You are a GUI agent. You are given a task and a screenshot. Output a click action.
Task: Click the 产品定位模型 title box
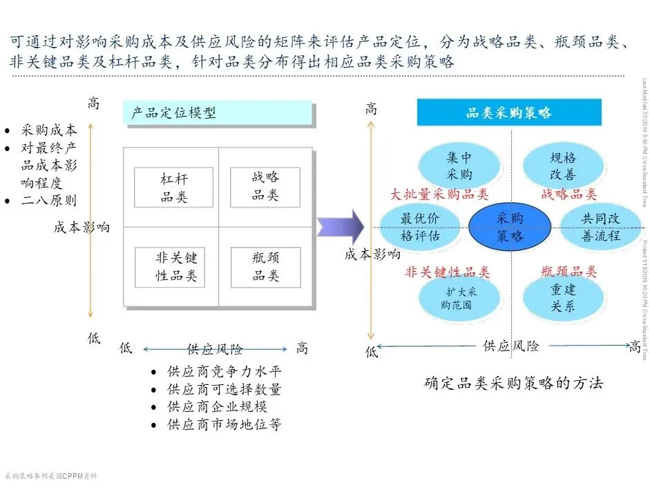(218, 113)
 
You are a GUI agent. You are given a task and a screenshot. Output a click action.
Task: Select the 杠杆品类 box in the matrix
(173, 188)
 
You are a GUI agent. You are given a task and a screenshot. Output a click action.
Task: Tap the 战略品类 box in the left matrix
(265, 186)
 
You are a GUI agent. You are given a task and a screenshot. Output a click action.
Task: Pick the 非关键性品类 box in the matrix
(176, 267)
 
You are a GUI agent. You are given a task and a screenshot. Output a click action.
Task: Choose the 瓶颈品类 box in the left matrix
(265, 268)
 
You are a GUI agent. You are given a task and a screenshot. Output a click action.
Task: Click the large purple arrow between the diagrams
(341, 226)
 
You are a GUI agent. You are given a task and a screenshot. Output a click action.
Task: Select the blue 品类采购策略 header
(508, 112)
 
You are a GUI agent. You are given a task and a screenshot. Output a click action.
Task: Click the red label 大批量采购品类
(439, 195)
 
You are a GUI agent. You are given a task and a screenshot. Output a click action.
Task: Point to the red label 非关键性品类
(447, 272)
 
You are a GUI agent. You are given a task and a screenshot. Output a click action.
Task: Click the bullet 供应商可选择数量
(224, 390)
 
